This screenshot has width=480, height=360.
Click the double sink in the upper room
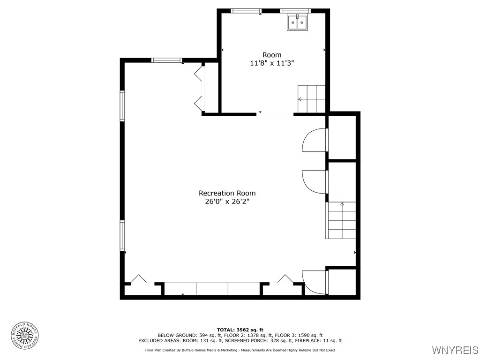click(x=297, y=22)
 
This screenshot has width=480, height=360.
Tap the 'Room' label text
click(x=272, y=55)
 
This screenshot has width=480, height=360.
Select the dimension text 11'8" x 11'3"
click(x=272, y=63)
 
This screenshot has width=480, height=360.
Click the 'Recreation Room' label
click(x=227, y=193)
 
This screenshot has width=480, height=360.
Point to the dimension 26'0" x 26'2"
click(x=227, y=202)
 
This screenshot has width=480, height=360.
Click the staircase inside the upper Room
click(x=312, y=99)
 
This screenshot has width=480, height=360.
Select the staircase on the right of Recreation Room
click(x=341, y=220)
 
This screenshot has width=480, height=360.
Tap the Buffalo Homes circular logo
click(x=25, y=335)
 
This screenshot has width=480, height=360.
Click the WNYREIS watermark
click(x=455, y=350)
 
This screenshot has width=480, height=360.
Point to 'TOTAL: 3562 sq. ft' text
click(x=240, y=330)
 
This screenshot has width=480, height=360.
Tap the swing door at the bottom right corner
click(x=315, y=282)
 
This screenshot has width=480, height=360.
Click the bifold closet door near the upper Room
click(x=199, y=88)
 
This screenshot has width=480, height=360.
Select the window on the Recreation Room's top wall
click(x=166, y=60)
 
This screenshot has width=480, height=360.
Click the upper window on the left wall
click(x=122, y=106)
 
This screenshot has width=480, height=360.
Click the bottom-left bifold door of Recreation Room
click(x=138, y=279)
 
